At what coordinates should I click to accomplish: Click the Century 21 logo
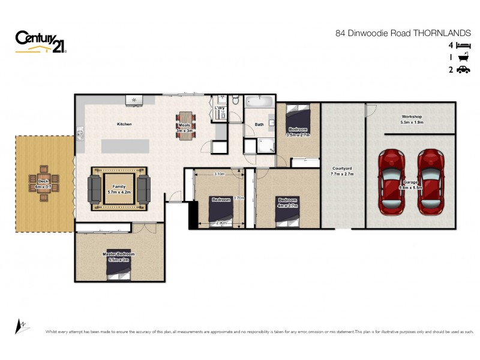click(x=41, y=42)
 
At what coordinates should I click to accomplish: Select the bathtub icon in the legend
click(x=463, y=58)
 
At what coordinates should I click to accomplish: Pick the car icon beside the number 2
click(x=463, y=70)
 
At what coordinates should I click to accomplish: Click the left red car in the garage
click(x=392, y=182)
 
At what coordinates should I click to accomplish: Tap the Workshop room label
click(x=412, y=116)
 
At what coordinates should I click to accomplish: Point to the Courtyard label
click(x=343, y=169)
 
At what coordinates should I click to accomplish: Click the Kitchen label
click(x=124, y=124)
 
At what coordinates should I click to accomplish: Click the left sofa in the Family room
click(x=95, y=189)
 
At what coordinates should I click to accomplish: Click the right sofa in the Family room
click(x=143, y=189)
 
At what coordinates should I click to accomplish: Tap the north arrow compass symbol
click(x=20, y=325)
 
